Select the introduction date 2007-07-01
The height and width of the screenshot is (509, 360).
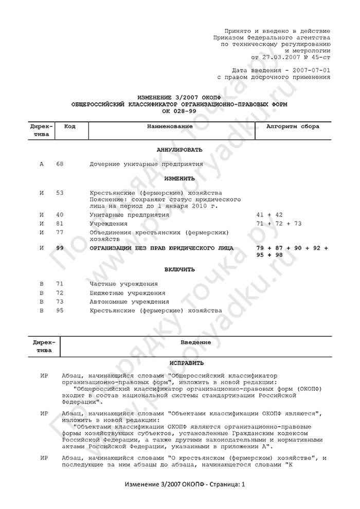[x=312, y=70]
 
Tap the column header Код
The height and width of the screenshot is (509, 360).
[x=69, y=126]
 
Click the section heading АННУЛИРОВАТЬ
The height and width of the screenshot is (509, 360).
[x=179, y=150]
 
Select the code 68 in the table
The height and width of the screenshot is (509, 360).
[x=60, y=165]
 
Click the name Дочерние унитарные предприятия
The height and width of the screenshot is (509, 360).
[x=146, y=165]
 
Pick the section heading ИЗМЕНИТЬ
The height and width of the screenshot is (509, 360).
[x=179, y=179]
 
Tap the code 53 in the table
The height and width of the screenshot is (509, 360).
[x=60, y=193]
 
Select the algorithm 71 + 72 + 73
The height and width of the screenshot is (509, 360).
[x=278, y=224]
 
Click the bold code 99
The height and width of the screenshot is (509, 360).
[x=60, y=248]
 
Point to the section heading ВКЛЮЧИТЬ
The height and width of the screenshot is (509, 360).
[x=179, y=269]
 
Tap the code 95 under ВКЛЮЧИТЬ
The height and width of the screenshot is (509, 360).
[x=60, y=311]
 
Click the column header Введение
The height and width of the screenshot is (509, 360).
[x=196, y=342]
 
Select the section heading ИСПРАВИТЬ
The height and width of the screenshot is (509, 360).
[x=179, y=362]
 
